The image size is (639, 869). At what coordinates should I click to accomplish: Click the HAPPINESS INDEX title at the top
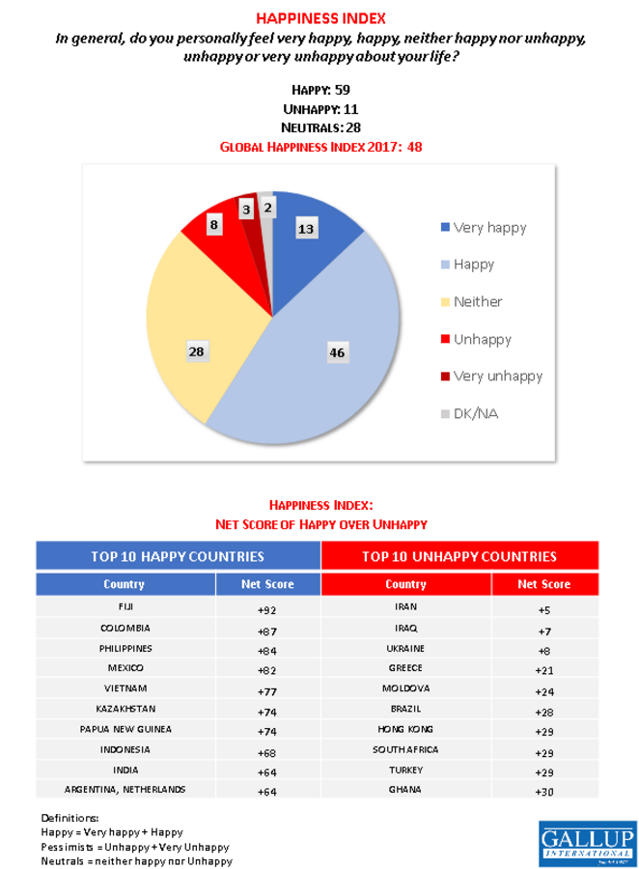click(319, 18)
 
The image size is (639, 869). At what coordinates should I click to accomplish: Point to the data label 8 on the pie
click(214, 224)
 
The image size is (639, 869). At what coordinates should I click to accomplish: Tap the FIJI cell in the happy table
click(125, 607)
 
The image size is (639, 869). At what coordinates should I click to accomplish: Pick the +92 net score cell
click(267, 608)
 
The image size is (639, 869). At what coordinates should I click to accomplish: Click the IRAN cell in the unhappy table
click(405, 607)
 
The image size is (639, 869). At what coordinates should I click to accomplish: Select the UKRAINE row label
click(405, 648)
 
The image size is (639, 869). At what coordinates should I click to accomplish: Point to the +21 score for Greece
click(544, 669)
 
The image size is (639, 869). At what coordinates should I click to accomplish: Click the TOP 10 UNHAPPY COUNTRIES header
click(458, 557)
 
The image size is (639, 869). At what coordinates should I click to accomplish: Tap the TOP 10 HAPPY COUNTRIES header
click(178, 557)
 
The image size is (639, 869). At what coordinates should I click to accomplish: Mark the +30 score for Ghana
click(544, 790)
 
